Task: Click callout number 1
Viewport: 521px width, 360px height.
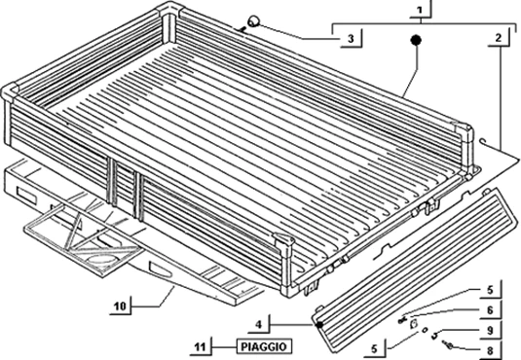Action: [417, 13]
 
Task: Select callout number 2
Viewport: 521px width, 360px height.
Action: [499, 38]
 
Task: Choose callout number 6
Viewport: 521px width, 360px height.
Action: [491, 309]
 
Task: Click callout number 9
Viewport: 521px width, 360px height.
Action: [491, 331]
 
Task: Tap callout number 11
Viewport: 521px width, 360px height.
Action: [199, 346]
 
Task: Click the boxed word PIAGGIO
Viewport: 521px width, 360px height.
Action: [264, 346]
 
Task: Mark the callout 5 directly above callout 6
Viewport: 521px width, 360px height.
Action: [491, 290]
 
